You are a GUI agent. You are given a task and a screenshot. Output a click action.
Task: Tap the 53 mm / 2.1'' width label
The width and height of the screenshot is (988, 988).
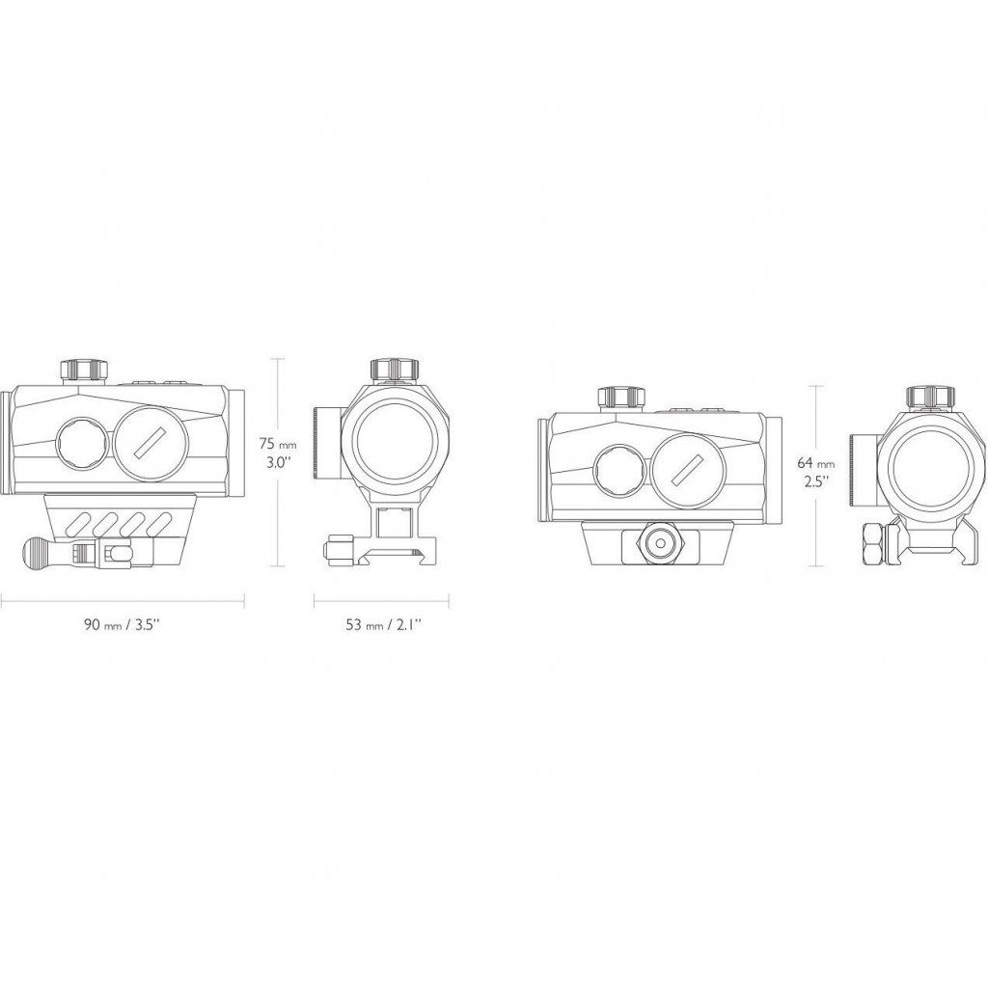coord(383,625)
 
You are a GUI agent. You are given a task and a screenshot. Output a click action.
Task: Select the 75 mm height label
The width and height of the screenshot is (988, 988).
coord(278,444)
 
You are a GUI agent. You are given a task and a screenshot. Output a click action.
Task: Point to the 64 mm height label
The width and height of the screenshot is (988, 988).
coord(816,464)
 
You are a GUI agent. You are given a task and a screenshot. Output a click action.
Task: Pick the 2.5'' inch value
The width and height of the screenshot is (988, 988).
coord(813,483)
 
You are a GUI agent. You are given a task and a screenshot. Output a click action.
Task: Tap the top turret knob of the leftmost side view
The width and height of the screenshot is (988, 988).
coord(83,370)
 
